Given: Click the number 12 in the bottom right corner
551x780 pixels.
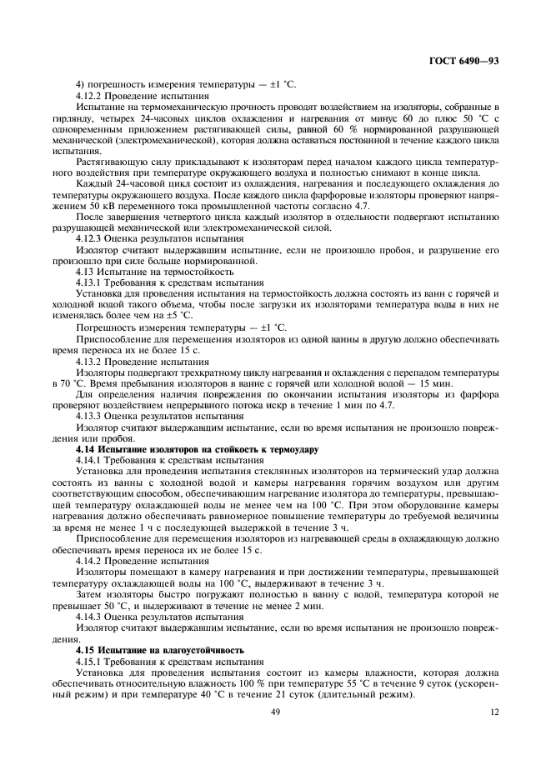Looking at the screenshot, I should coord(493,712).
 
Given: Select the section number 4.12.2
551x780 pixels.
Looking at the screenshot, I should coord(92,96).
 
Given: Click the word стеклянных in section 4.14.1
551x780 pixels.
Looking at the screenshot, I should coord(273,472).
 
